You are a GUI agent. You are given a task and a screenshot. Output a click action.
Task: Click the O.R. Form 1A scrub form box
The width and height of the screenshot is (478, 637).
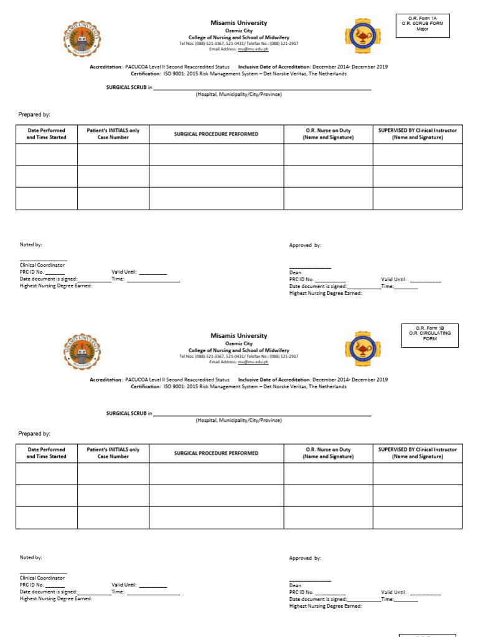423,25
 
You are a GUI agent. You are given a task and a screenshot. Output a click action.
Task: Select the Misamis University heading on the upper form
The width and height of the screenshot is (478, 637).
238,23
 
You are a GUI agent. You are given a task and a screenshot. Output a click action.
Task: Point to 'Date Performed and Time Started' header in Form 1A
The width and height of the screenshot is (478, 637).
46,134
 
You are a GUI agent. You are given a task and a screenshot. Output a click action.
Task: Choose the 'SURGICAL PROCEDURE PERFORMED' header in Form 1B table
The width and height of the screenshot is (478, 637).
216,453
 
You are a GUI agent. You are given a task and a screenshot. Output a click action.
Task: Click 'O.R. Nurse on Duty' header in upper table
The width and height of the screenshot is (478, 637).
328,134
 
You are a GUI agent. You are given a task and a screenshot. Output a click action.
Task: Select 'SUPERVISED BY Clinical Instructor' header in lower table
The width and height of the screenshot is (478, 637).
417,453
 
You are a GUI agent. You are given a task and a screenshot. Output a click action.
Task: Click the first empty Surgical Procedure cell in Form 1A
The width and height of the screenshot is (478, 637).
216,154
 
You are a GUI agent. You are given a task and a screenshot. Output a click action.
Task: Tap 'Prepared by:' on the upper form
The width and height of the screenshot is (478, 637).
34,114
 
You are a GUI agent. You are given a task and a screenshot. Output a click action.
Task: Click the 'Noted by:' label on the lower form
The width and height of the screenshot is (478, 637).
31,558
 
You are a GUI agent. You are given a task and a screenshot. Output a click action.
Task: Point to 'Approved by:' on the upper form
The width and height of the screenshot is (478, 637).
305,245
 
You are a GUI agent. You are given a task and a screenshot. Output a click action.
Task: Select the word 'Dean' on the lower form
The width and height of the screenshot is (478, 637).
295,585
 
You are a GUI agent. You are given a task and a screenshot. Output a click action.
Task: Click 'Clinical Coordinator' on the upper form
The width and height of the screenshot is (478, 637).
42,265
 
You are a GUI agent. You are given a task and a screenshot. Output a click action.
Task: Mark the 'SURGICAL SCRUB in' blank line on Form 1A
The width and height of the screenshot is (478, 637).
262,88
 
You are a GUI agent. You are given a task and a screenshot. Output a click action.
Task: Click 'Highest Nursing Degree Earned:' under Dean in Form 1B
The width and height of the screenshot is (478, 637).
325,605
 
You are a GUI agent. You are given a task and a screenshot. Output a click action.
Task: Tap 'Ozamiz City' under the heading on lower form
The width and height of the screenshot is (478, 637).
238,343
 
